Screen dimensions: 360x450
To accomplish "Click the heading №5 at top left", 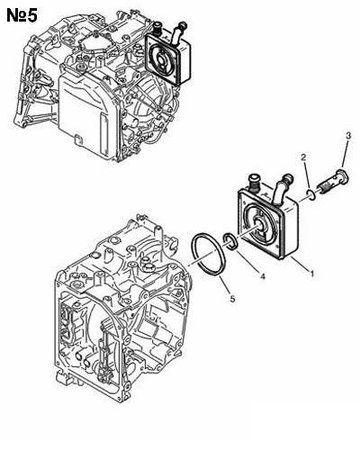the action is tap(22, 15).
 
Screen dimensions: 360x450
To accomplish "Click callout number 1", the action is tap(312, 274).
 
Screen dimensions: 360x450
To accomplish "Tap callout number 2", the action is tap(304, 157).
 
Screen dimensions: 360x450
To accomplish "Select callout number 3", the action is tap(348, 136).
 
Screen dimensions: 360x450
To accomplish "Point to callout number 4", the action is tap(263, 276).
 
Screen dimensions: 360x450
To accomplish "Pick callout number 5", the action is tap(232, 298).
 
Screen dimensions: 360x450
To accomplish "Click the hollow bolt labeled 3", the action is tap(333, 182).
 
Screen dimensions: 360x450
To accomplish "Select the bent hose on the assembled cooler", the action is tap(177, 33).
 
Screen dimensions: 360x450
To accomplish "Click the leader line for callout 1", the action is tap(300, 264).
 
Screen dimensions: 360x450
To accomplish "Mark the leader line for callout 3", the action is tap(346, 155).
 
